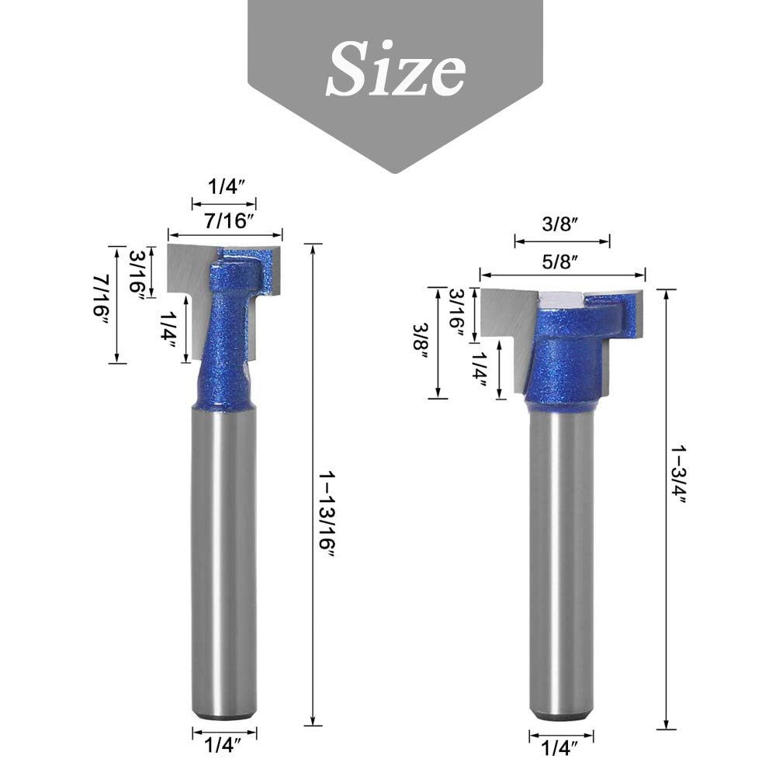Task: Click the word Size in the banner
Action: pos(396,69)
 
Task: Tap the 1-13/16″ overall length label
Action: pos(327,515)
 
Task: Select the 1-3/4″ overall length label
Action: pos(679,474)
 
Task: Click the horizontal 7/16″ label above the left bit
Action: pos(226,220)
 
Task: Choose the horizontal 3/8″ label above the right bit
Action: pos(560,224)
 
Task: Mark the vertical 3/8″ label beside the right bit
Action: pos(421,343)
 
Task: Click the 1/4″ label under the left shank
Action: pos(223,745)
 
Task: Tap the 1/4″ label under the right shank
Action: pos(560,748)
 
